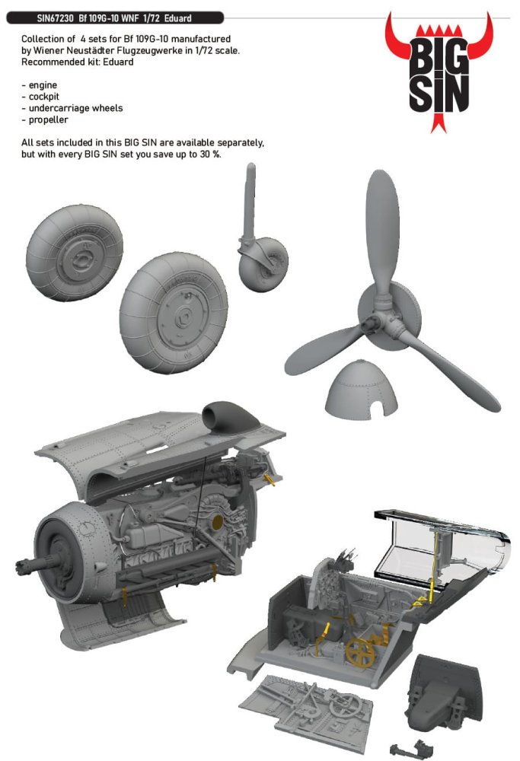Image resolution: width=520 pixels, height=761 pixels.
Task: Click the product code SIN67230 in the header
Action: [56, 18]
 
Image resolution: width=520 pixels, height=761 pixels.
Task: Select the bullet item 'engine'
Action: [40, 85]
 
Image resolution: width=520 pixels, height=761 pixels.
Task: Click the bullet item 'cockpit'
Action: [40, 97]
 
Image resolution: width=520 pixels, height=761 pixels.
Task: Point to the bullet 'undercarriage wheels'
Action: [72, 108]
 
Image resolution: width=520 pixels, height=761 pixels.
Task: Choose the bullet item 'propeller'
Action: [45, 120]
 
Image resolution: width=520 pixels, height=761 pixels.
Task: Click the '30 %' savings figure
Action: [209, 154]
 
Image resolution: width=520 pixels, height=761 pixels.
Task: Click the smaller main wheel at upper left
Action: [75, 253]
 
